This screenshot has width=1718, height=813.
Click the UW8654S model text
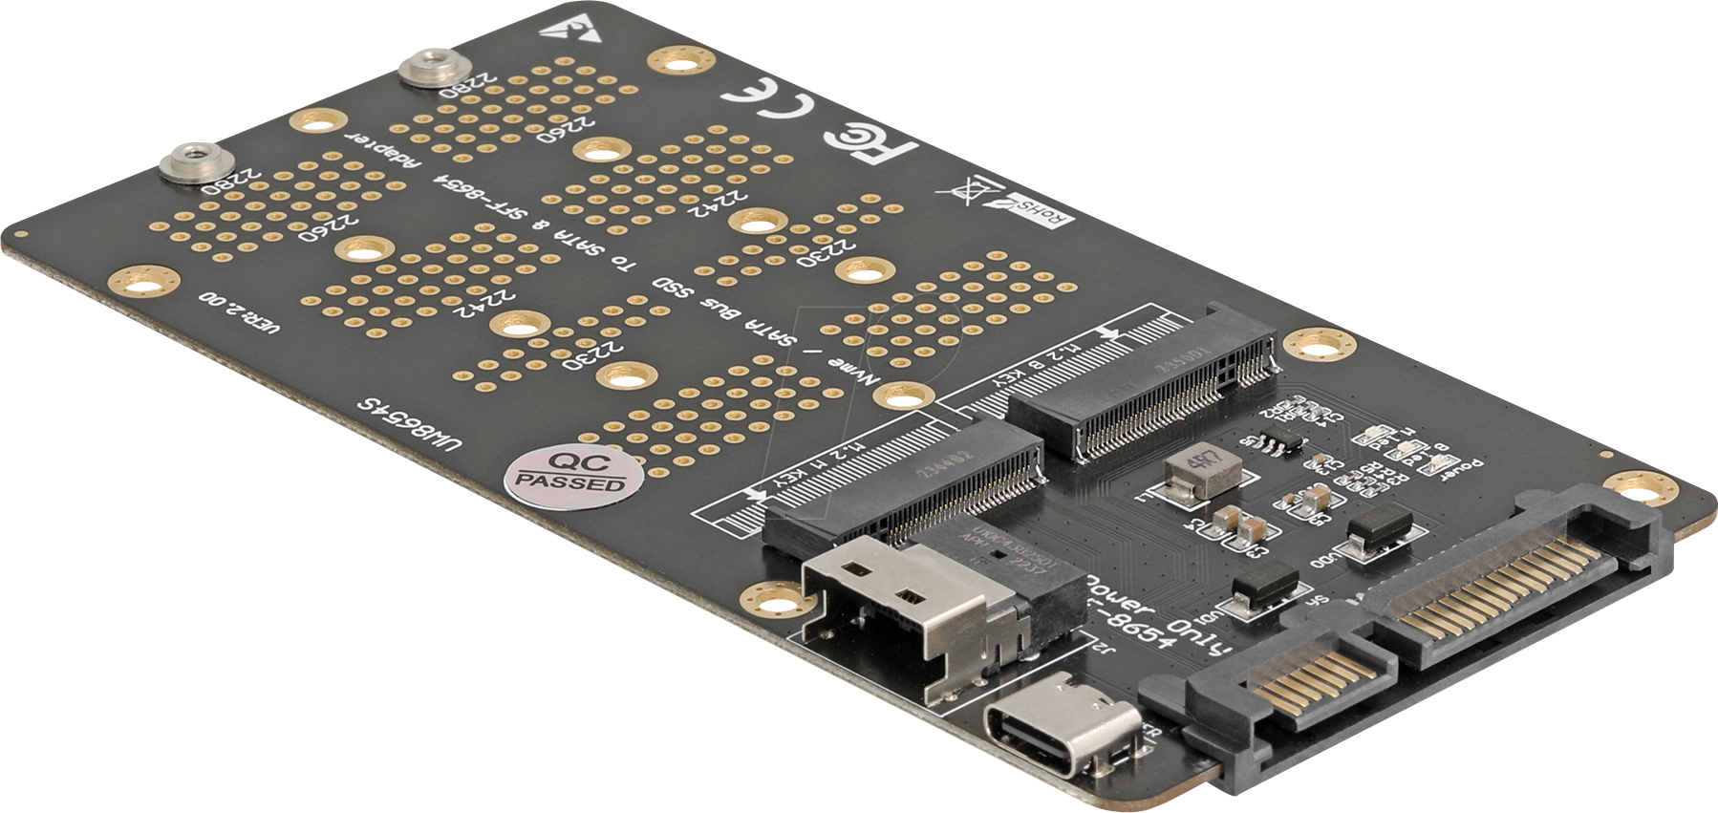click(408, 424)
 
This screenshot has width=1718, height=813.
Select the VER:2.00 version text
click(239, 312)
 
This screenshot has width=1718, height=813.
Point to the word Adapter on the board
click(381, 149)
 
